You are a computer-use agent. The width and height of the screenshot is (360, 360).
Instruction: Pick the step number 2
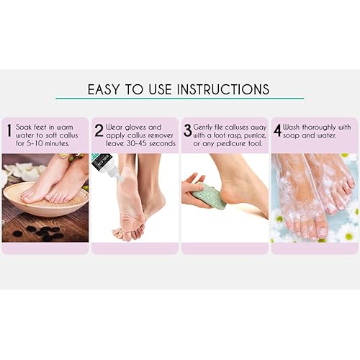98,130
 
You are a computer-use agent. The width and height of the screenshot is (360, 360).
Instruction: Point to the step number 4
276,130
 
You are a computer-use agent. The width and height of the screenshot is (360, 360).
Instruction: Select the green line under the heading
179,99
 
